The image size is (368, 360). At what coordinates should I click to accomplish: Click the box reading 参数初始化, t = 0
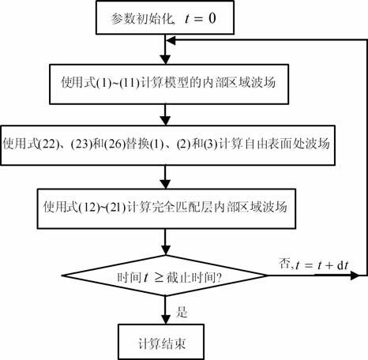click(x=165, y=17)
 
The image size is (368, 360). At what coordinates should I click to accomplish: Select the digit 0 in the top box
click(x=212, y=18)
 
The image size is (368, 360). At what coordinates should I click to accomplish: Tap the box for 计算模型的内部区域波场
click(x=169, y=84)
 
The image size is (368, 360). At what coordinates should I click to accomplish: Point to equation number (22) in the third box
click(x=49, y=144)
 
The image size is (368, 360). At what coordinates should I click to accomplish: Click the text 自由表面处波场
click(x=287, y=144)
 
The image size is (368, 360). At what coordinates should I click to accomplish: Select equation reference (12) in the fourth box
click(x=89, y=208)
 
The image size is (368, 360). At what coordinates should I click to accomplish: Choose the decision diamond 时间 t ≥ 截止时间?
click(x=165, y=276)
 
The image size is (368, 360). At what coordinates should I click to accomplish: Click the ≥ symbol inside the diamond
click(x=159, y=278)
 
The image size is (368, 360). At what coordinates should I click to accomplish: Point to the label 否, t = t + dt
click(x=314, y=264)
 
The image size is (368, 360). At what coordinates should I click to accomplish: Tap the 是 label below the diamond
click(x=182, y=312)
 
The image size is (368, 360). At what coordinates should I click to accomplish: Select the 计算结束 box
click(x=161, y=342)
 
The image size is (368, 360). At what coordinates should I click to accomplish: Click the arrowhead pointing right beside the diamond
click(x=355, y=276)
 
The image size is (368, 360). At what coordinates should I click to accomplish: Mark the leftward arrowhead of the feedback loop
click(x=171, y=40)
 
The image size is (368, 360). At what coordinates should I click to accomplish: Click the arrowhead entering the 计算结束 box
click(x=165, y=319)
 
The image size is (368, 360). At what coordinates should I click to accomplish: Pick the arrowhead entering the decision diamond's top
click(x=165, y=250)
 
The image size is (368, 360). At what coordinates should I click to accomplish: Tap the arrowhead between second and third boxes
click(x=165, y=120)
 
